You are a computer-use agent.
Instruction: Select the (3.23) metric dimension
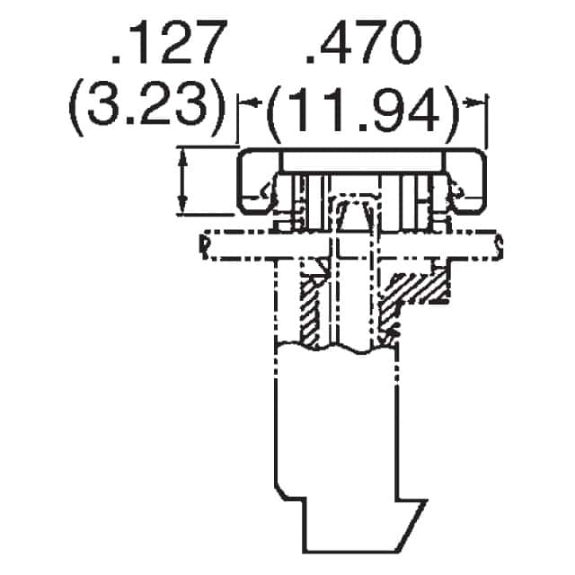[x=146, y=109]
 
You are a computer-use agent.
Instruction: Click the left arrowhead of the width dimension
[x=251, y=102]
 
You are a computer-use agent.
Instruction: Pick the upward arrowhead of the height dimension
[x=182, y=158]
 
